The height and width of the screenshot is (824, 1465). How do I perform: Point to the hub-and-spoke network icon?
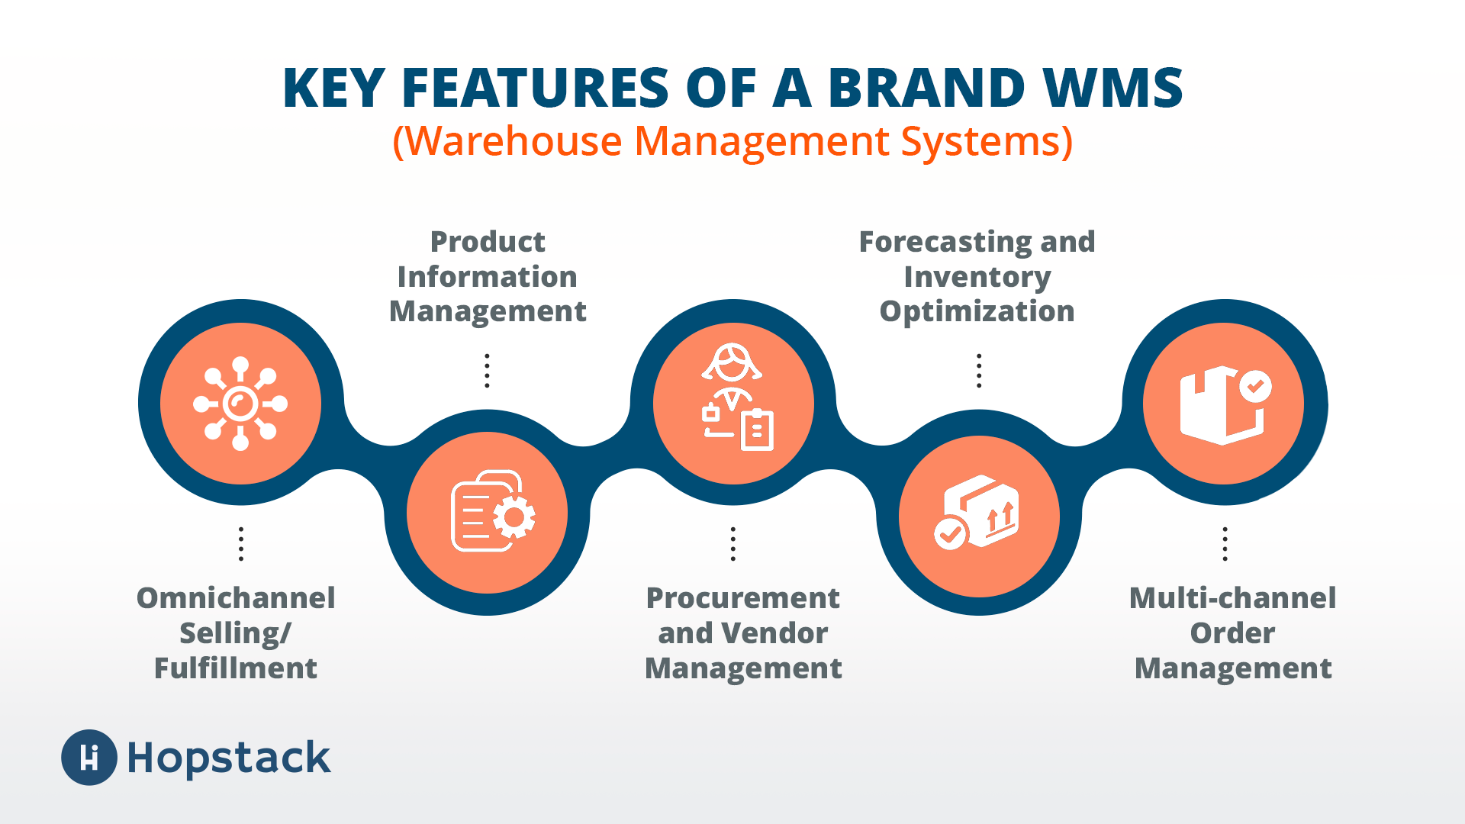tap(240, 403)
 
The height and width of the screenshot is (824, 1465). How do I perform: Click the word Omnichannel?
tap(236, 598)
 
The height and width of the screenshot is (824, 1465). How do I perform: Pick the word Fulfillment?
tap(236, 668)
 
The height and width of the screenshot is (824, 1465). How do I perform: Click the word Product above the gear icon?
tap(488, 242)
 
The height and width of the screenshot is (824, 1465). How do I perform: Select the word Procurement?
tap(742, 598)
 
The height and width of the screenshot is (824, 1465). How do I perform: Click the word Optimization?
tap(977, 311)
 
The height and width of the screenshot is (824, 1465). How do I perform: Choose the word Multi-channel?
tap(1232, 598)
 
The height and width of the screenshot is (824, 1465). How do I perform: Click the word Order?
tap(1232, 633)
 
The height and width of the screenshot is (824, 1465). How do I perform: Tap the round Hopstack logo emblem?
tap(89, 758)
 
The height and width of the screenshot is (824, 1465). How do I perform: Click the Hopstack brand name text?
tap(229, 758)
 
